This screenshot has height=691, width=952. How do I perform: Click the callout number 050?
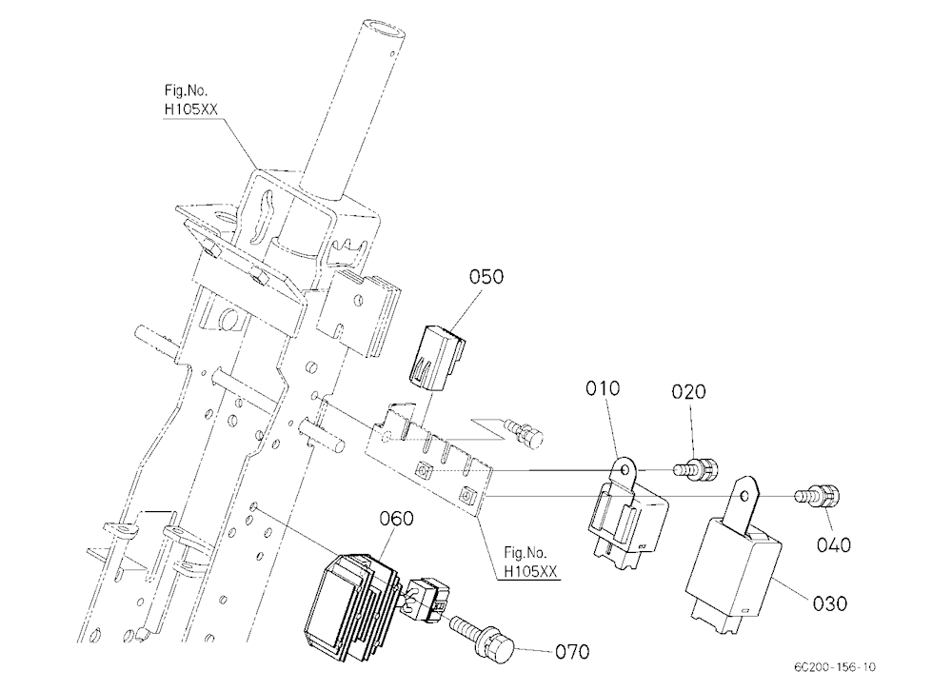click(x=486, y=277)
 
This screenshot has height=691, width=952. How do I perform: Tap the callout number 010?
click(x=603, y=388)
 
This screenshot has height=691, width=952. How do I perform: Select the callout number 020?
click(x=689, y=391)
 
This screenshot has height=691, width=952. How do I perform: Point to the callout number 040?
click(x=834, y=544)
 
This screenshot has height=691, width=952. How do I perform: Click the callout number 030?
click(x=830, y=603)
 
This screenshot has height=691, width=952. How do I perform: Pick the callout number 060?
click(x=396, y=519)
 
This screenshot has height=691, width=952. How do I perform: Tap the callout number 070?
click(x=572, y=652)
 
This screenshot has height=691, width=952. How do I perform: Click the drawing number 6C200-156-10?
click(x=835, y=666)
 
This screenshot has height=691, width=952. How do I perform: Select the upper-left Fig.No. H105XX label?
click(x=190, y=100)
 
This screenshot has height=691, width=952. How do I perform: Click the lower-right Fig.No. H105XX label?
click(x=530, y=563)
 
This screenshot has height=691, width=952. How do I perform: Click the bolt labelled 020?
click(x=695, y=469)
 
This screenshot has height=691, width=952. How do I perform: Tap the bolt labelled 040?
click(x=817, y=496)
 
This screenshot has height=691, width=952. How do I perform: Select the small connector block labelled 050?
click(x=438, y=356)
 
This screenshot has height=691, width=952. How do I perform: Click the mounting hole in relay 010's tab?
click(x=625, y=470)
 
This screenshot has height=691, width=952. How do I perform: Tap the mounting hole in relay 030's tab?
click(x=745, y=496)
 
